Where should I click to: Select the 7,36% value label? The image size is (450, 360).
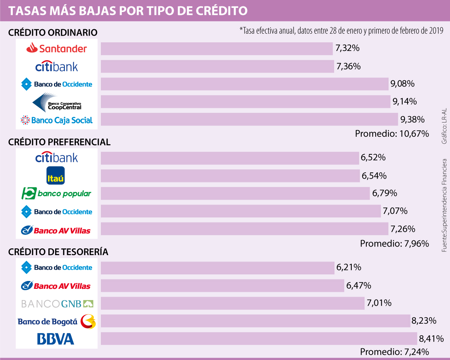(x=348, y=66)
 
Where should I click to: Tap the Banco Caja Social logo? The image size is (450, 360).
(x=57, y=120)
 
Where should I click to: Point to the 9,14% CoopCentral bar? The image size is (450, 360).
(x=246, y=102)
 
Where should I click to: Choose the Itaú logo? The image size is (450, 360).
(x=55, y=175)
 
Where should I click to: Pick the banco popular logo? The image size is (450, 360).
(x=56, y=193)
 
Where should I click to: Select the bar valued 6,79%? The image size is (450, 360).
(x=235, y=193)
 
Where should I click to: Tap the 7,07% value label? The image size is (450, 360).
(x=395, y=211)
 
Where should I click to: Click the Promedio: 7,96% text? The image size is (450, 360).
(x=394, y=243)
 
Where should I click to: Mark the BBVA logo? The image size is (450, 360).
(x=55, y=339)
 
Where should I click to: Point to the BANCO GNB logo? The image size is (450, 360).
(x=57, y=303)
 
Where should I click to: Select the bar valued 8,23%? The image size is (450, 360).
(x=255, y=321)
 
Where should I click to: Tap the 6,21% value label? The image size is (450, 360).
(x=349, y=267)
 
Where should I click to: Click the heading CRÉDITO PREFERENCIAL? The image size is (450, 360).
(x=59, y=142)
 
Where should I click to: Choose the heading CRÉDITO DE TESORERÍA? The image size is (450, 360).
(x=58, y=252)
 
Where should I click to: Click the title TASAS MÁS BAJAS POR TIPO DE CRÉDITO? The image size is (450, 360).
(x=128, y=10)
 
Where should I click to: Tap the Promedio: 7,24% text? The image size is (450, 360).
(x=394, y=352)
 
